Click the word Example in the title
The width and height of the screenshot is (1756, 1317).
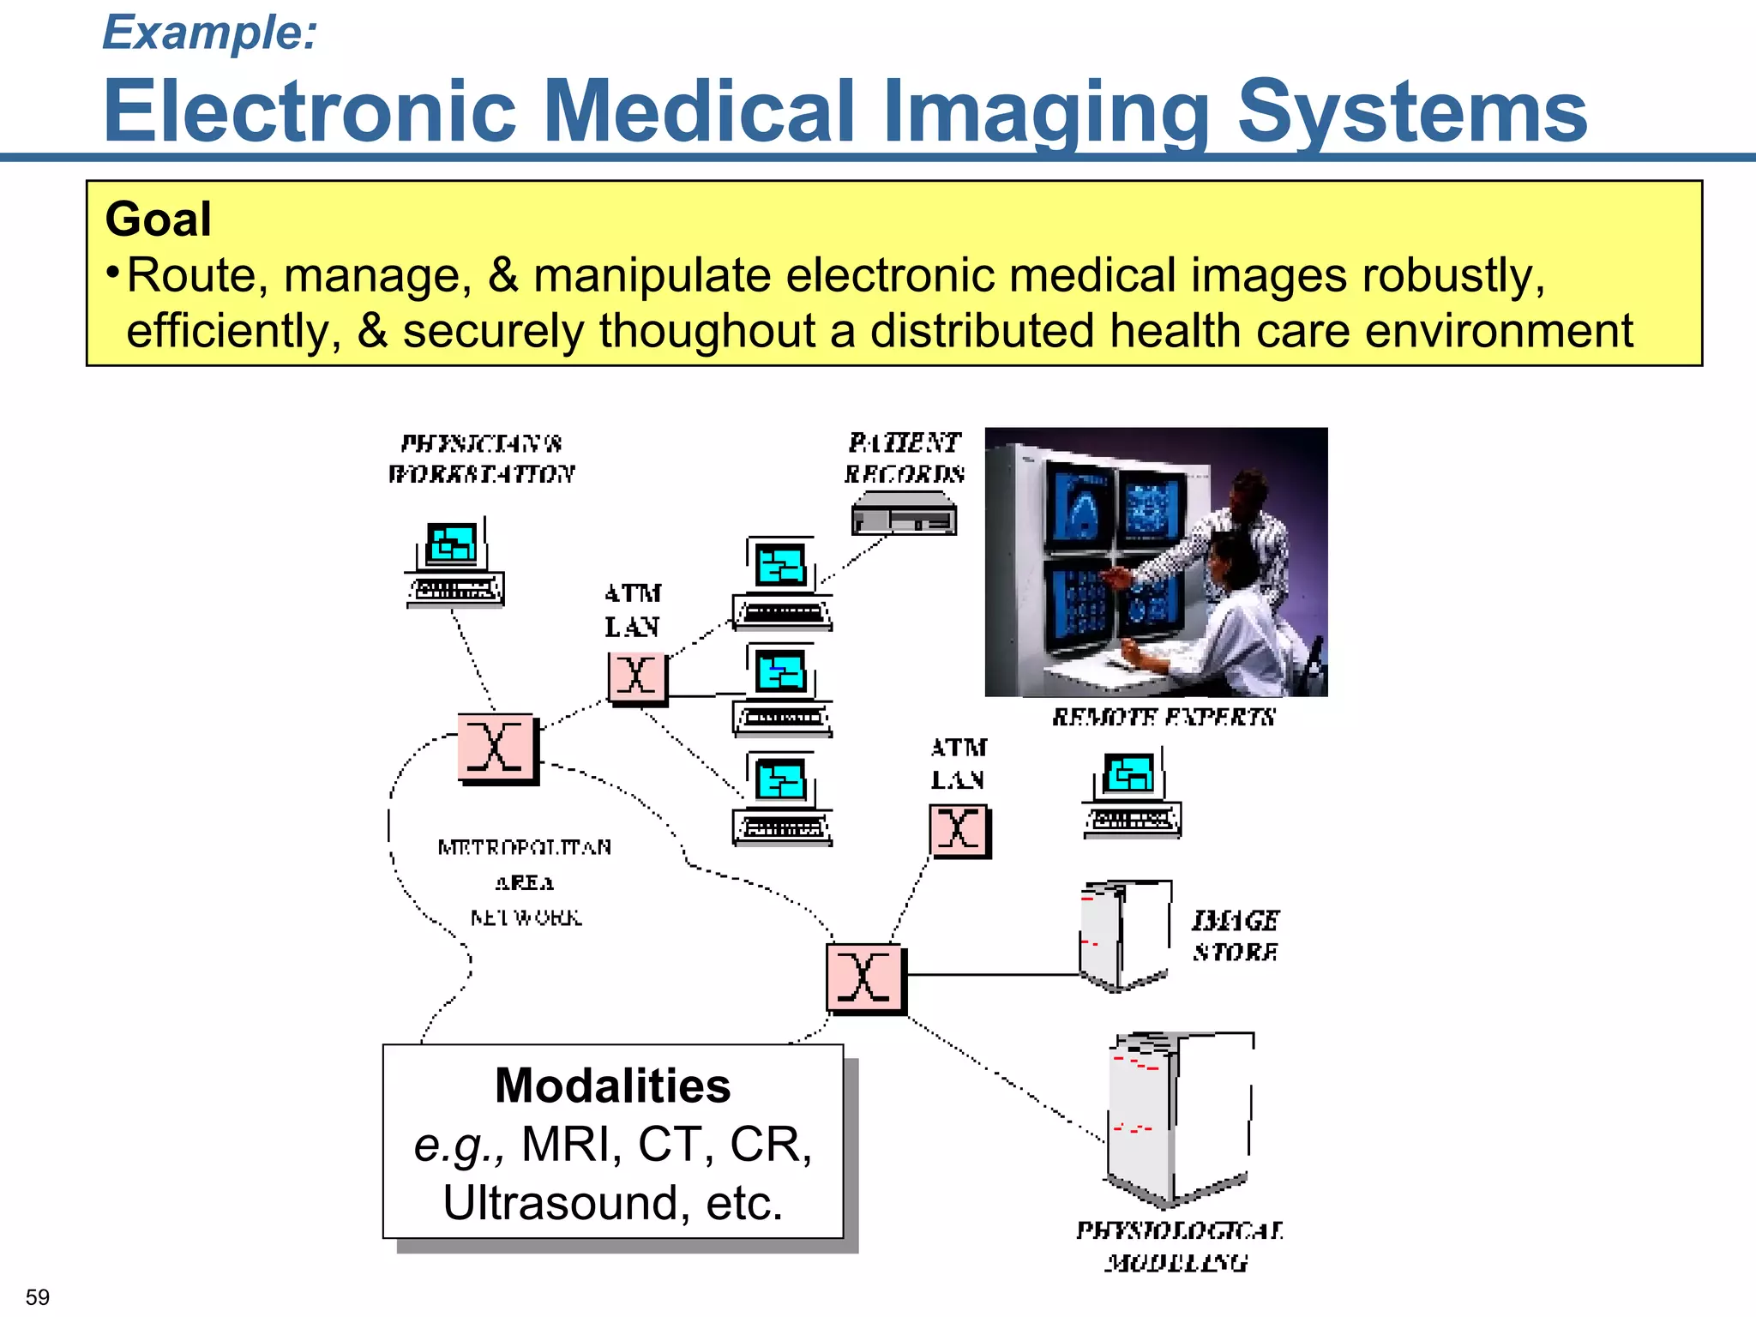coord(209,33)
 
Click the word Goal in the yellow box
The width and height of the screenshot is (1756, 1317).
coord(159,219)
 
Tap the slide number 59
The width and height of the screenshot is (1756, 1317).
coord(38,1296)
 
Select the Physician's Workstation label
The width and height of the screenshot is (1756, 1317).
coord(481,459)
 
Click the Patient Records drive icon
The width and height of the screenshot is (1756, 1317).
coord(904,514)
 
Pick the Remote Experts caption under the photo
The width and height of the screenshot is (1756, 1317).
coord(1164,717)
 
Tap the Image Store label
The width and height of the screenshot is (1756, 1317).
coord(1236,936)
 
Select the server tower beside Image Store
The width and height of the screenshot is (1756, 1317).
coord(1123,935)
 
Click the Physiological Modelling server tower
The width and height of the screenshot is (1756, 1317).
coord(1179,1119)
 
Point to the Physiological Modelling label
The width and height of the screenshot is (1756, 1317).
coord(1179,1247)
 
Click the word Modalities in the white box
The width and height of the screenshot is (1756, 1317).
coord(613,1086)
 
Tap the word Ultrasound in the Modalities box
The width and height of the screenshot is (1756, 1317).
coord(558,1203)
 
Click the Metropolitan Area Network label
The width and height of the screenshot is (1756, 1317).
coord(525,882)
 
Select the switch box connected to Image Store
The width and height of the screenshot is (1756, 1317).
coord(864,978)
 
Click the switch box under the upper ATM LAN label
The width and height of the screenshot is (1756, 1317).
coord(637,677)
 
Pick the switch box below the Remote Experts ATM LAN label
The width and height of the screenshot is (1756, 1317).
coord(959,831)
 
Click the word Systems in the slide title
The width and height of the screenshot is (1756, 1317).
coord(1412,111)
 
